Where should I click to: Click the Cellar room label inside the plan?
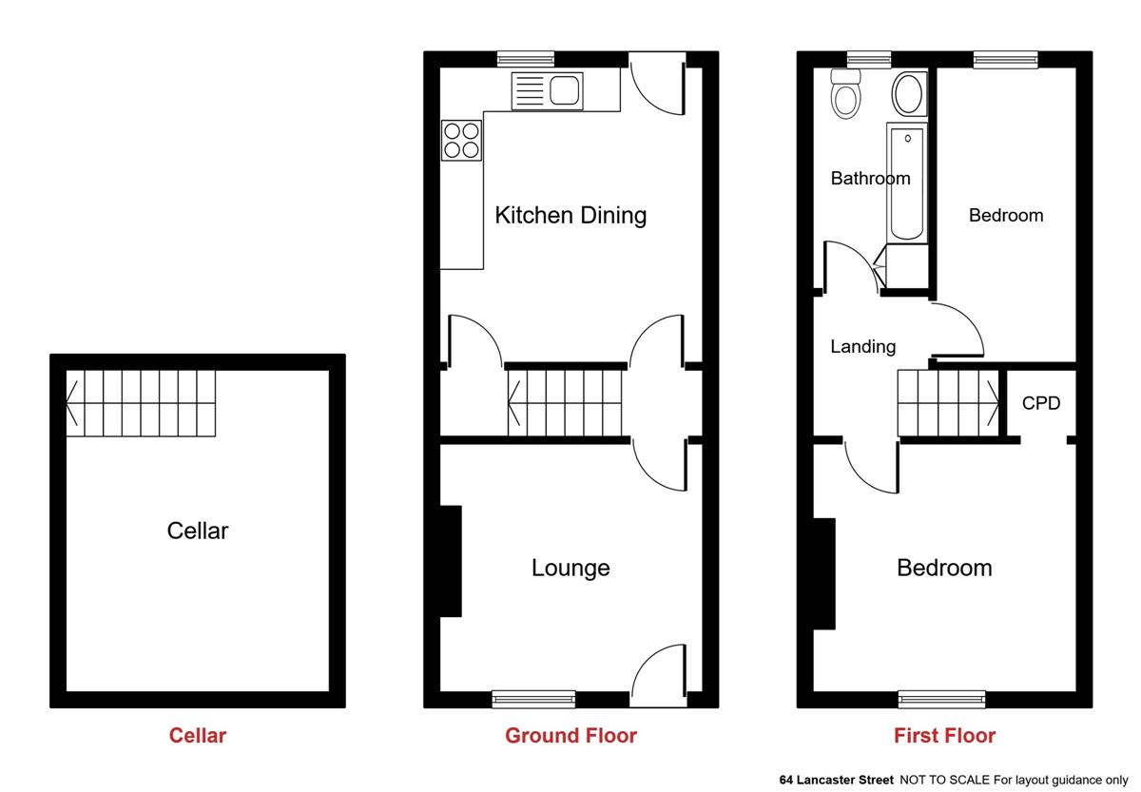click(x=198, y=531)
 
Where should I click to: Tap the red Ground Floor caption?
click(x=570, y=736)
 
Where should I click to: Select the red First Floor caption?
click(x=944, y=736)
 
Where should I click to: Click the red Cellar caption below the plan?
click(x=198, y=736)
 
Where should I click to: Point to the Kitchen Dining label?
click(x=570, y=215)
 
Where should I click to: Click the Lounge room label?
click(x=570, y=568)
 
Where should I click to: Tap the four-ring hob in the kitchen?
click(x=461, y=141)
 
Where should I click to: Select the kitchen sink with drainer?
click(x=547, y=91)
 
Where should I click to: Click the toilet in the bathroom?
click(x=845, y=94)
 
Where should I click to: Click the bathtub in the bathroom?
click(x=907, y=183)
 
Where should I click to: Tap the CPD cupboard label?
click(x=1041, y=403)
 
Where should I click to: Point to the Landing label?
click(x=863, y=347)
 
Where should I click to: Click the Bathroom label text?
click(x=871, y=178)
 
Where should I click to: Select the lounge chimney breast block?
click(x=451, y=561)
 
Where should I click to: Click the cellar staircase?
click(x=141, y=403)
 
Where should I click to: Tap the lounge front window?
click(x=533, y=699)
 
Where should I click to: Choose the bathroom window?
click(x=869, y=60)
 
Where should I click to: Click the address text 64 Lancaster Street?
click(x=837, y=780)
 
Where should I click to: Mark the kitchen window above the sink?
click(x=525, y=60)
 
